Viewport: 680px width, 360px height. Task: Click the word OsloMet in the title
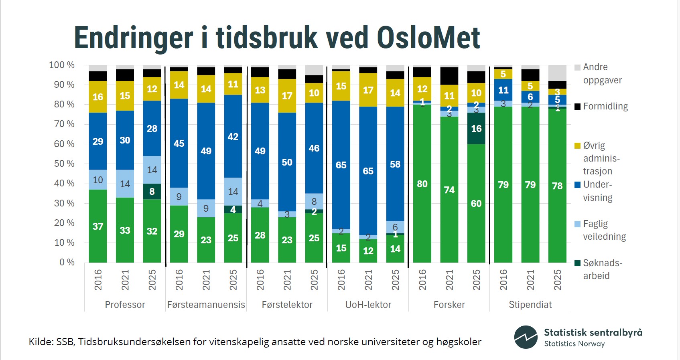pyautogui.click(x=428, y=38)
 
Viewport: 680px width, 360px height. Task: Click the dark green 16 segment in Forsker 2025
pyautogui.click(x=476, y=128)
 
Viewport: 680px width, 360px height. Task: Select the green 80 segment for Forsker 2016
pyautogui.click(x=422, y=184)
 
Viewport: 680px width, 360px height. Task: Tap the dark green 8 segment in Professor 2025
pyautogui.click(x=152, y=192)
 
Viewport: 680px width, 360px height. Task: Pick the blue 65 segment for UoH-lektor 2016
pyautogui.click(x=341, y=165)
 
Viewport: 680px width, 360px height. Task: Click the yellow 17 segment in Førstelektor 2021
pyautogui.click(x=287, y=96)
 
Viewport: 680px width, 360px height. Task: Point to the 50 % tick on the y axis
pyautogui.click(x=64, y=164)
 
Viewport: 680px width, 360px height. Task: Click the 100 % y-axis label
pyautogui.click(x=62, y=65)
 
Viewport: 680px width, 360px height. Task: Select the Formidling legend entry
pyautogui.click(x=605, y=106)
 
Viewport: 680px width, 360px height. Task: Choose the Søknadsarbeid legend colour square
pyautogui.click(x=578, y=263)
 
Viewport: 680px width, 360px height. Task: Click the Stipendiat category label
pyautogui.click(x=530, y=305)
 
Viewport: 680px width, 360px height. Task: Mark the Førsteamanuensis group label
pyautogui.click(x=206, y=305)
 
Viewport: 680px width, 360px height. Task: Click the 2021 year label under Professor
pyautogui.click(x=125, y=279)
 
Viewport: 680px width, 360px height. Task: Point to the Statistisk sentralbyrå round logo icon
pyautogui.click(x=526, y=337)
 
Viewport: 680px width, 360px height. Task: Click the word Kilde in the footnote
pyautogui.click(x=40, y=342)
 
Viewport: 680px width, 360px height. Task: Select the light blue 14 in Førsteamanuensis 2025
pyautogui.click(x=233, y=192)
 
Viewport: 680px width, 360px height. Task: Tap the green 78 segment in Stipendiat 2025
pyautogui.click(x=557, y=186)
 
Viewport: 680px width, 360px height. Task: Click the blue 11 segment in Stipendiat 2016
pyautogui.click(x=503, y=90)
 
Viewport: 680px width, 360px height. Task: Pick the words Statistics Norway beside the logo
pyautogui.click(x=574, y=344)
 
